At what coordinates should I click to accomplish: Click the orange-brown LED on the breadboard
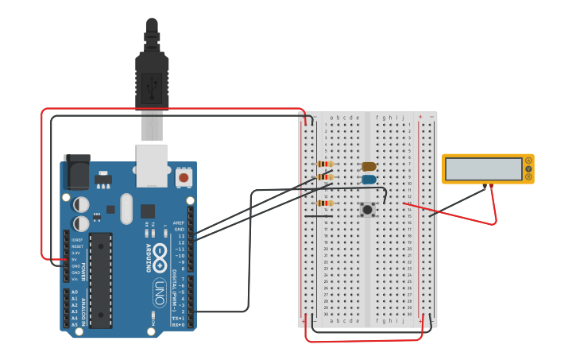[369, 167]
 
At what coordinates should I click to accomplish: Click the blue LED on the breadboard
[369, 180]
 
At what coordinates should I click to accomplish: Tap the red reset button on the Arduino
[184, 178]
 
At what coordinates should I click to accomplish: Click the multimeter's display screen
[482, 169]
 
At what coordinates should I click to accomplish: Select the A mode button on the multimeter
[528, 161]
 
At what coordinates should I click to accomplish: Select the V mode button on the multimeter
[528, 169]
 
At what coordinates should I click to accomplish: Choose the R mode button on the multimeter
[528, 177]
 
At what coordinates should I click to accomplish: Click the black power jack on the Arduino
[77, 172]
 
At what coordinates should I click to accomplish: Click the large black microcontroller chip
[100, 280]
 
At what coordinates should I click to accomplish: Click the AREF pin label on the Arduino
[179, 223]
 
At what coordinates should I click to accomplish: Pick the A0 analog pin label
[75, 292]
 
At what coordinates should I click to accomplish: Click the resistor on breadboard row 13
[325, 203]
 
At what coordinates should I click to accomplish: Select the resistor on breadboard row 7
[325, 165]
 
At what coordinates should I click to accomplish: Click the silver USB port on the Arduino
[152, 165]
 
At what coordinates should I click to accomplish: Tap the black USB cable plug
[152, 79]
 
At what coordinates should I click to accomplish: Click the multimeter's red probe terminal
[492, 187]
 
